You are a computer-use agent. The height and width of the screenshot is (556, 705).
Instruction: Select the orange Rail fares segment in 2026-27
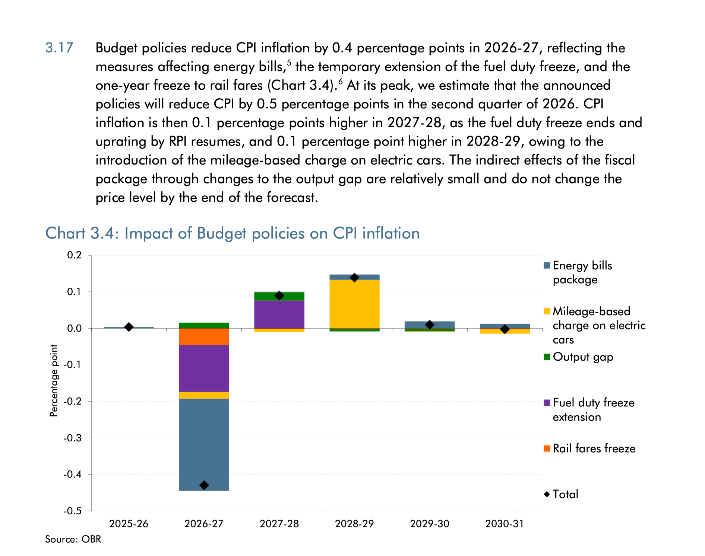pos(204,336)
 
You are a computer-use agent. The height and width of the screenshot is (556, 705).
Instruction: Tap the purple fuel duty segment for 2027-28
pos(279,314)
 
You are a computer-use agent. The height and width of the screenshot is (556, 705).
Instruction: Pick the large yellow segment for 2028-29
pos(354,304)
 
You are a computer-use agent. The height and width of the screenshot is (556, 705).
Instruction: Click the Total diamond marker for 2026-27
pos(204,485)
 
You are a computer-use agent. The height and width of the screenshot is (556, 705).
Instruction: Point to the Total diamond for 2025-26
pos(129,327)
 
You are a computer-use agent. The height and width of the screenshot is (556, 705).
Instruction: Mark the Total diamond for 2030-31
pos(505,329)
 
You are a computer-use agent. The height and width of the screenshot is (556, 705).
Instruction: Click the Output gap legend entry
pos(582,357)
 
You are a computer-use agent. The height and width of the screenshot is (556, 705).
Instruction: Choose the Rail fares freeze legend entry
pos(594,448)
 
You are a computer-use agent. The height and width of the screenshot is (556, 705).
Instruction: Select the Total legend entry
pos(565,494)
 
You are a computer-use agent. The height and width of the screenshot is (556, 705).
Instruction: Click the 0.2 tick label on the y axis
pos(74,255)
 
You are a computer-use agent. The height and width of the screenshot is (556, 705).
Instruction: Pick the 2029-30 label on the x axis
pos(429,524)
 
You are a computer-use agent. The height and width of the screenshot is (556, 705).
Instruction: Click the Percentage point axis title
pos(54,380)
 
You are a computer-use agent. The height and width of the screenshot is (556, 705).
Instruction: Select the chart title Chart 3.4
pos(232,233)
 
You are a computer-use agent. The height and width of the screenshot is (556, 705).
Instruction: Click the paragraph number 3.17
pos(59,48)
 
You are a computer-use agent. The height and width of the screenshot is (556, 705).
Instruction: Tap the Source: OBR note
pos(73,539)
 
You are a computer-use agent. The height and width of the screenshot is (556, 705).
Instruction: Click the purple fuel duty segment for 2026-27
pos(204,368)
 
